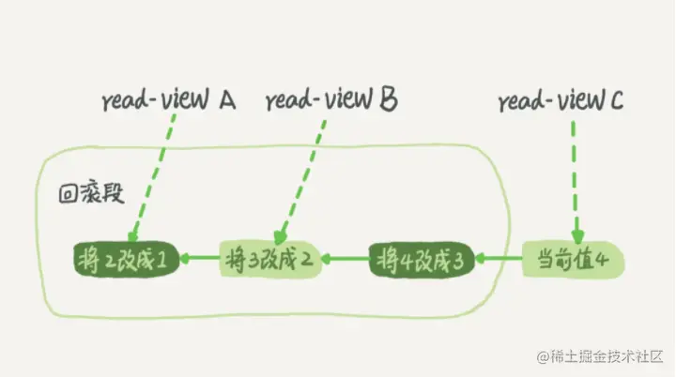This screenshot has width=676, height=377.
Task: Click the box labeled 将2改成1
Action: (126, 256)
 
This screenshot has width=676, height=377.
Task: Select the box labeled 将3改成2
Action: (270, 256)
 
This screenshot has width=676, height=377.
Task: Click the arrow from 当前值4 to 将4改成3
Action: (497, 256)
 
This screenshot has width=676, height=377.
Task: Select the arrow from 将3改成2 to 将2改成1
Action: (199, 256)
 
